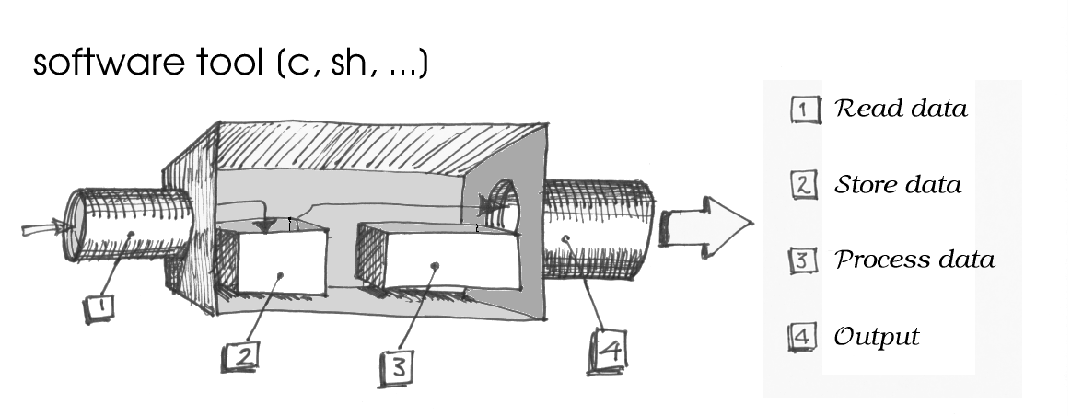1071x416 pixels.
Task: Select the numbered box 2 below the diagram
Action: point(240,355)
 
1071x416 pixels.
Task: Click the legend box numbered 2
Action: point(805,184)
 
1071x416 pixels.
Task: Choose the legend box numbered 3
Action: point(805,260)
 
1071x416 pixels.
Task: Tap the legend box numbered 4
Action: point(804,337)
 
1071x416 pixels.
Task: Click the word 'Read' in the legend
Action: point(864,109)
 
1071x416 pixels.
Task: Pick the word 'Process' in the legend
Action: point(881,260)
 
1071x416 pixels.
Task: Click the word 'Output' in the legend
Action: point(877,337)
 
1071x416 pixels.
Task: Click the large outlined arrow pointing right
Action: point(705,224)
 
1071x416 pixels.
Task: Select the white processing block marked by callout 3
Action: point(440,260)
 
